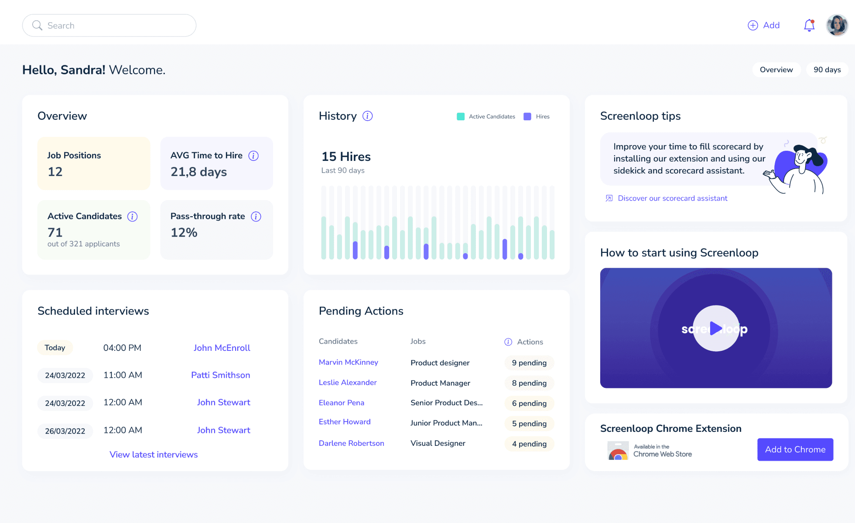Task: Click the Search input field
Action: coord(109,25)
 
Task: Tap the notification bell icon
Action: coord(809,25)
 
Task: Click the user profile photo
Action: coord(837,25)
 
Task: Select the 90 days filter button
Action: coord(827,70)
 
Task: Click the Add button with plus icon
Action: coord(764,25)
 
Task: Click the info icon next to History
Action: coord(368,116)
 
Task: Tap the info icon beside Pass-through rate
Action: coord(256,217)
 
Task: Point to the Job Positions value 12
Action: coord(55,172)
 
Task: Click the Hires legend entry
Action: coord(537,117)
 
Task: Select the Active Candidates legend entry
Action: coord(486,117)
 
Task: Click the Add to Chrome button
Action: coord(795,449)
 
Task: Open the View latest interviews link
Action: coord(154,455)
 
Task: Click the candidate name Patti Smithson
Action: coord(221,375)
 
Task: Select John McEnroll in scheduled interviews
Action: coord(222,348)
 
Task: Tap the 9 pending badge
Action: coord(529,363)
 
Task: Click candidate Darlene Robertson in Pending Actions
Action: coord(352,443)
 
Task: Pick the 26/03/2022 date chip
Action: coord(65,431)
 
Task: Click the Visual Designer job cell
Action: coord(438,443)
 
